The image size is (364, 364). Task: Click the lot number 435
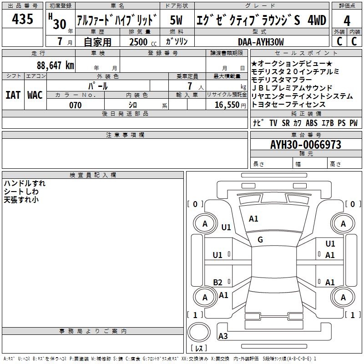23,19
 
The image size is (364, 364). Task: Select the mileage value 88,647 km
56,65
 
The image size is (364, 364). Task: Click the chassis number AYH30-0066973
305,145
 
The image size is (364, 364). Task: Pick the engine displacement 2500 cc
142,42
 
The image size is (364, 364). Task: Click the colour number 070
75,105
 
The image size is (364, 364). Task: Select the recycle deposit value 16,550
226,105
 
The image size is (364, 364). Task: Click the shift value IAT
13,95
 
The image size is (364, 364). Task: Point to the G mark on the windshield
260,239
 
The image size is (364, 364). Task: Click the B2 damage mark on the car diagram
218,282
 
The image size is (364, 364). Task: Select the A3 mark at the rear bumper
223,336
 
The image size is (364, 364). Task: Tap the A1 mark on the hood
253,219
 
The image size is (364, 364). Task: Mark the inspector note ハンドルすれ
25,183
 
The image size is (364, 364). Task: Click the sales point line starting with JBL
292,88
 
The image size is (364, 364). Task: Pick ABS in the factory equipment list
312,123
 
